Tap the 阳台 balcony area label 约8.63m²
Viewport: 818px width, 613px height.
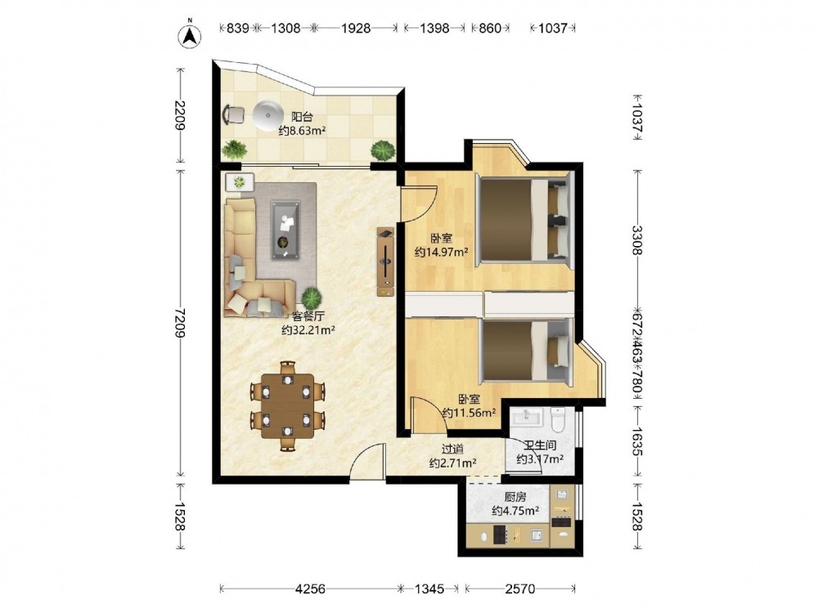tap(302, 131)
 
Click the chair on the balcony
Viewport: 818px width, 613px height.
tap(233, 114)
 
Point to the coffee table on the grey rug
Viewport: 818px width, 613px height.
tap(285, 230)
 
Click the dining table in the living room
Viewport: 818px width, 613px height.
tap(287, 406)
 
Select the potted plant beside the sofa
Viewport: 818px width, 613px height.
tap(312, 298)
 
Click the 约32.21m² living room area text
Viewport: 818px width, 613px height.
tap(308, 330)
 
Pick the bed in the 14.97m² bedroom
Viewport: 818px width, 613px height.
tap(524, 219)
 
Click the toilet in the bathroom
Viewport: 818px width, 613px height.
tap(558, 420)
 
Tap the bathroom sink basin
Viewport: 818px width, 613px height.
tap(527, 417)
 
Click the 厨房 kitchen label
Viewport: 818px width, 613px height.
tap(515, 497)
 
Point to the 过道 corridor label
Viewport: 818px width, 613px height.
tap(452, 449)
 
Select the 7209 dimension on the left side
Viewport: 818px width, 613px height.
tap(180, 323)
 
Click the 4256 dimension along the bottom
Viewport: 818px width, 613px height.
tap(310, 589)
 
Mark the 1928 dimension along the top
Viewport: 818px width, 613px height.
tap(356, 28)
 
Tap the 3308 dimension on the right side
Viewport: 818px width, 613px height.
tap(636, 240)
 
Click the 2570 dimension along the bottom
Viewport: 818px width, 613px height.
tap(520, 589)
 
